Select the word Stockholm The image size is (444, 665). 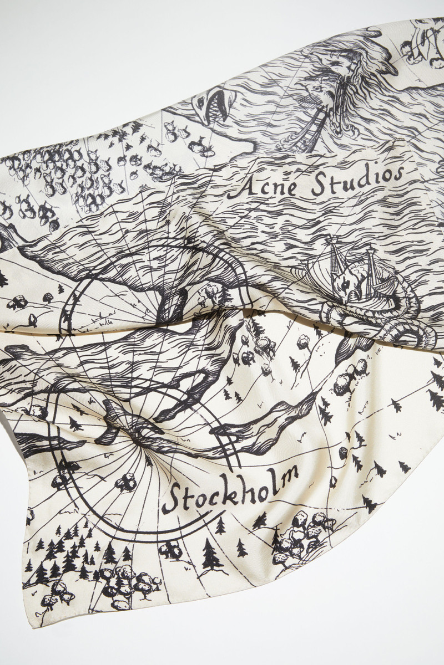[x=230, y=488]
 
